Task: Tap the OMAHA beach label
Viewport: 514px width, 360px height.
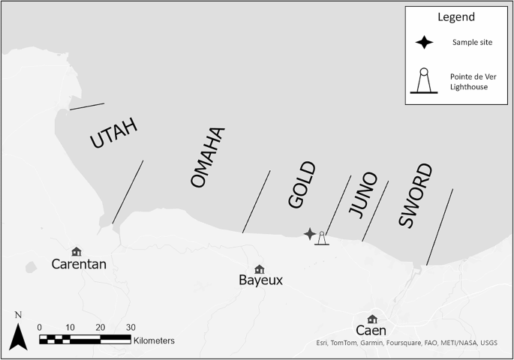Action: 208,158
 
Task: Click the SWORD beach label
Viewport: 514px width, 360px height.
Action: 415,196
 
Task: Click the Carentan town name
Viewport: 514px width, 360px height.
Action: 80,264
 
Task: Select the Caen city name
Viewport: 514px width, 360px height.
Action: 371,331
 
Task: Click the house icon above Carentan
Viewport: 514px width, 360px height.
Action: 76,251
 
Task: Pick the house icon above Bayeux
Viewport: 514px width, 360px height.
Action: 259,268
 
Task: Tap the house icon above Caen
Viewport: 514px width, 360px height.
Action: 372,319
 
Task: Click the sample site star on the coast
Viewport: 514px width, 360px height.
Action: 310,234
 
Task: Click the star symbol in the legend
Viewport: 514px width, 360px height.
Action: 425,42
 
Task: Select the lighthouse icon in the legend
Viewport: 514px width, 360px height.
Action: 424,81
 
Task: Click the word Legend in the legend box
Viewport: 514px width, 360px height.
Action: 455,16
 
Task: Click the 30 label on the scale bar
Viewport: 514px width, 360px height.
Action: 131,327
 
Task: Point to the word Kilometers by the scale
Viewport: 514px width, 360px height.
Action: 154,340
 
